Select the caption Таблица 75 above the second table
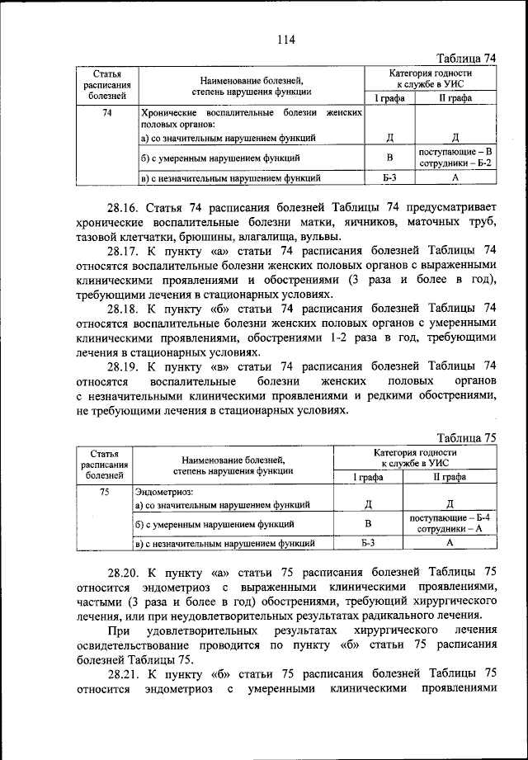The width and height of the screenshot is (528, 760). [x=467, y=438]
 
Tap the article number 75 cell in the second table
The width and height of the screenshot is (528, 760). [x=105, y=492]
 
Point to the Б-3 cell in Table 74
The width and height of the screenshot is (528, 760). [x=389, y=177]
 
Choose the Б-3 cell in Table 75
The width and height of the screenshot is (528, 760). [x=368, y=543]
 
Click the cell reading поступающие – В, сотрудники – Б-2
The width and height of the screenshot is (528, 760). [x=455, y=158]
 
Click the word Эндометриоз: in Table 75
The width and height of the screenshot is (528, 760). [x=164, y=492]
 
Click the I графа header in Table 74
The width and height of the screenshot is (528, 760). [x=389, y=97]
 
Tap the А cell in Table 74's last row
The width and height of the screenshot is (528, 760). [x=455, y=177]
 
